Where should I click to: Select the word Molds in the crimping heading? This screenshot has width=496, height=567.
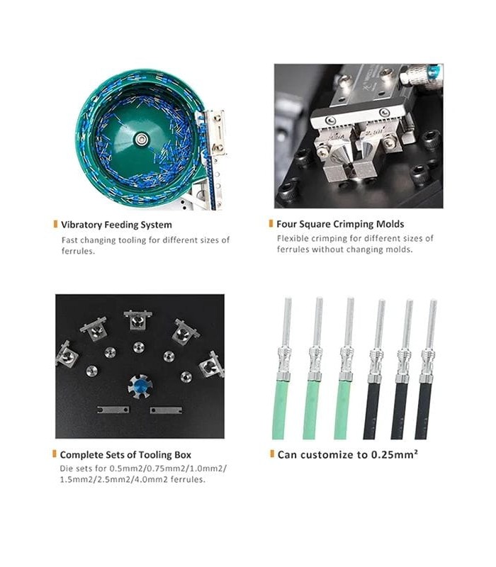click(390, 224)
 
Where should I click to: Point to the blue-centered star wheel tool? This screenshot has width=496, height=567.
click(140, 386)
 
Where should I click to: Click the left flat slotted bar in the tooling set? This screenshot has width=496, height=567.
click(113, 410)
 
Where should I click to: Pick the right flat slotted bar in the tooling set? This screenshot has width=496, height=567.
click(166, 410)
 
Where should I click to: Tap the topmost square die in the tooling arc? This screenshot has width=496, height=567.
click(137, 320)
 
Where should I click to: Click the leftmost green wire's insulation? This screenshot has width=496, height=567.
click(279, 410)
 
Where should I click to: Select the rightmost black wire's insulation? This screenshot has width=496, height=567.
click(423, 411)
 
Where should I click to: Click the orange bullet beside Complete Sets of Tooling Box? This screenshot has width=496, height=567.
click(55, 454)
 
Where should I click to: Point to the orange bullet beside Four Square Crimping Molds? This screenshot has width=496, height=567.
click(271, 223)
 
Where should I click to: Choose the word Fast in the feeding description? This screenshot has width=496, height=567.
click(69, 240)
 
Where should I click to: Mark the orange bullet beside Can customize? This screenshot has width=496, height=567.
click(272, 454)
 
